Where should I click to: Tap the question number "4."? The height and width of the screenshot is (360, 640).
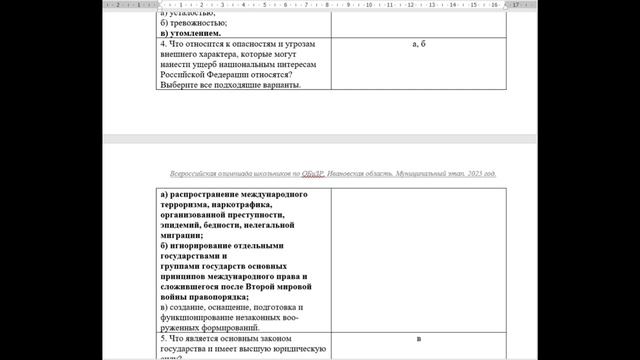(x=164, y=45)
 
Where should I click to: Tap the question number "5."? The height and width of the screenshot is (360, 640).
(x=164, y=340)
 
